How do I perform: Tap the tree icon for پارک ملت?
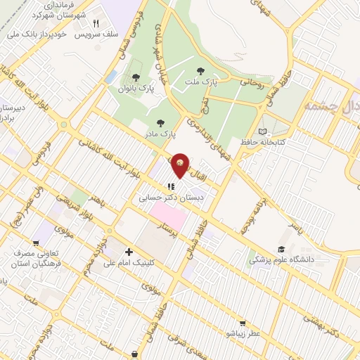pyautogui.click(x=201, y=70)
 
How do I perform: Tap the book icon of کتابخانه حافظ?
pyautogui.click(x=262, y=131)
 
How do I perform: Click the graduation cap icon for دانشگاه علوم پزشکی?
pyautogui.click(x=281, y=249)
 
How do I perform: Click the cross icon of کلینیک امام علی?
pyautogui.click(x=128, y=252)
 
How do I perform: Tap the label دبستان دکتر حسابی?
pyautogui.click(x=173, y=199)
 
